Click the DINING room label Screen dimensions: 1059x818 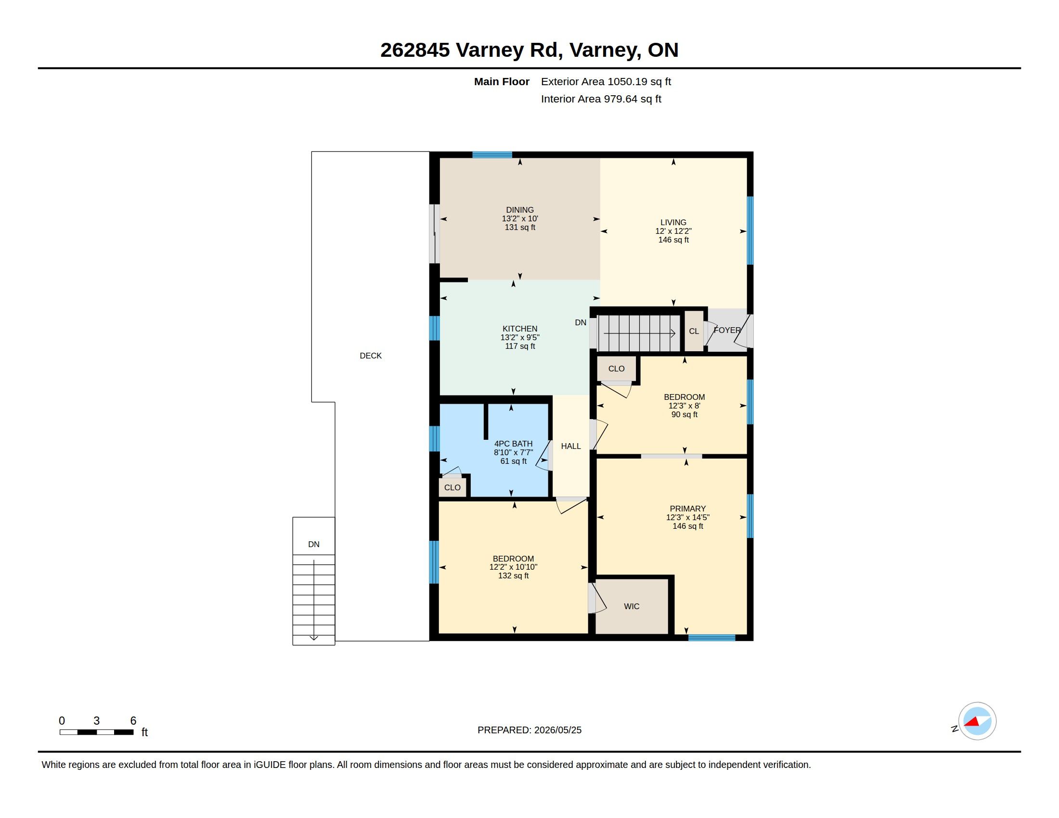520,210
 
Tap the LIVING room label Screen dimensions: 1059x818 673,222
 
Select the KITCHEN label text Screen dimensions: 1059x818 520,329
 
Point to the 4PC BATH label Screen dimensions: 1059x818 513,444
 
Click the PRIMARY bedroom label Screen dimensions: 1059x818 687,508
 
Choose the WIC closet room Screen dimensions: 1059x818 632,606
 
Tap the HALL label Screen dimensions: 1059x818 571,446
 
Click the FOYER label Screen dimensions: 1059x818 727,330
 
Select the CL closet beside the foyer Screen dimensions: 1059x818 694,331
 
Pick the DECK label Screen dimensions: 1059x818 371,356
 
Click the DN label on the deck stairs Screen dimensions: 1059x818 314,544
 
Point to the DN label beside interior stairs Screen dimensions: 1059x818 581,322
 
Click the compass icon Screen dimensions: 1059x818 977,721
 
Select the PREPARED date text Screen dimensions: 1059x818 529,730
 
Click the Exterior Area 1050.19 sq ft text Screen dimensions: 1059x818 606,81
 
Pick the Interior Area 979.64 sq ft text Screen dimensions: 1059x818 601,99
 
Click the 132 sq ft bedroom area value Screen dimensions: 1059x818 513,575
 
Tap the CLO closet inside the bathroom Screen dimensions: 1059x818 452,487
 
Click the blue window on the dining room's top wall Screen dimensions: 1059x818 492,154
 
